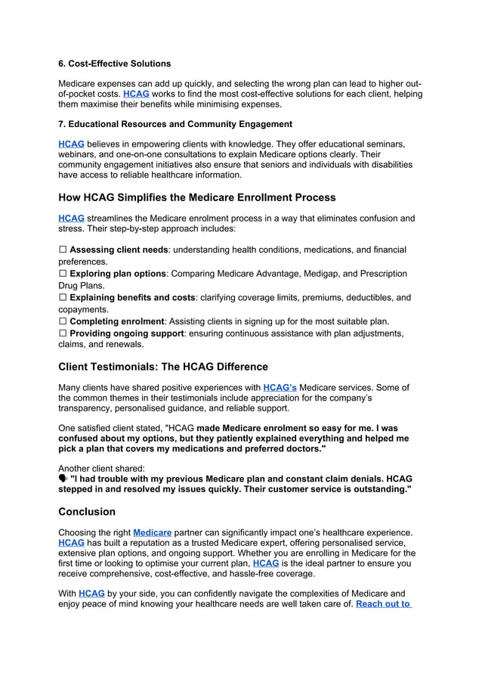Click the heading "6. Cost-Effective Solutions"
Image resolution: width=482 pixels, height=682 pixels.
(114, 64)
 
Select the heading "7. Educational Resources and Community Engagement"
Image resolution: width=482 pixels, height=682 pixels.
(175, 124)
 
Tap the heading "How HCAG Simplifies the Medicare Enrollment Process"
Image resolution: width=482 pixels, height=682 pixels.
(196, 197)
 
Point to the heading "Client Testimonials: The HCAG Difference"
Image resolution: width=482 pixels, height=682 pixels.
(162, 367)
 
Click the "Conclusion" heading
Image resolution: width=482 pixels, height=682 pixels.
(87, 511)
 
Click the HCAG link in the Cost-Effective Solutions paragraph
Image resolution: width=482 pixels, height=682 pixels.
(136, 94)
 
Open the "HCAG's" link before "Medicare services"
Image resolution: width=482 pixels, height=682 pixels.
(280, 388)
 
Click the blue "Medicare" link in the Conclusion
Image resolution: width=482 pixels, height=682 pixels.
(152, 532)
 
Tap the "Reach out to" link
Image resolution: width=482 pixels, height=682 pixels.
(383, 604)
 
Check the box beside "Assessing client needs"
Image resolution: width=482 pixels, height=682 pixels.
(63, 250)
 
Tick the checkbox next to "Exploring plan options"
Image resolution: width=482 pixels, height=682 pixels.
(63, 274)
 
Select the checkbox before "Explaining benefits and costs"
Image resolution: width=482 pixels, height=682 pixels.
(63, 298)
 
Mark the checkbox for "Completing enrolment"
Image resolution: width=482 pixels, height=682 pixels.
(63, 321)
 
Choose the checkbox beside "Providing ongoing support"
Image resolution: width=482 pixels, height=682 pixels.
(63, 333)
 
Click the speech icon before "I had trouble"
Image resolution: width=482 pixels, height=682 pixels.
(63, 479)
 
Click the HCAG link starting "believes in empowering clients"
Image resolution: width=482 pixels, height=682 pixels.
(71, 144)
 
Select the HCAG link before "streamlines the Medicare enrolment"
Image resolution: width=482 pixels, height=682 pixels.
(71, 219)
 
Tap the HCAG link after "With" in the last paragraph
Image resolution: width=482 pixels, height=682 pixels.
(91, 594)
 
